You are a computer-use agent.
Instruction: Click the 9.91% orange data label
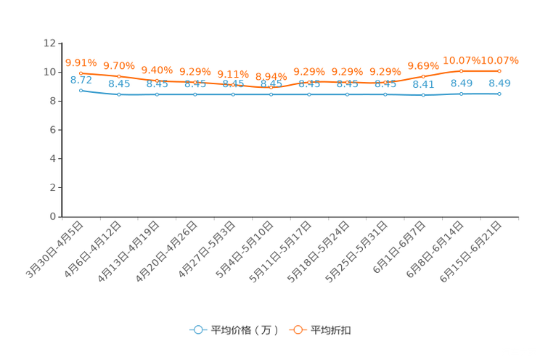(x=81, y=62)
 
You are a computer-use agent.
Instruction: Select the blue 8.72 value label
(x=81, y=80)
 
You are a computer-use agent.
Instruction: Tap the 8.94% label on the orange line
(x=271, y=76)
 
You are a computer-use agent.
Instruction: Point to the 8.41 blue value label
(x=423, y=84)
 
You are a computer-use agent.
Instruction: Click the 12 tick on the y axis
(x=49, y=43)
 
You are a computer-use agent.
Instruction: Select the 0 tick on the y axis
(x=53, y=216)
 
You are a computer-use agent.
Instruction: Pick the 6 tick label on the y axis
(x=53, y=129)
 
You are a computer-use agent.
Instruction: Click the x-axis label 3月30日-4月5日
(x=54, y=250)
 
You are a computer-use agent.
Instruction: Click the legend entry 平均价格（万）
(x=234, y=330)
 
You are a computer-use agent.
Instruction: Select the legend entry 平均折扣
(x=320, y=330)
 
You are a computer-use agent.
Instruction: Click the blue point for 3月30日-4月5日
(x=81, y=91)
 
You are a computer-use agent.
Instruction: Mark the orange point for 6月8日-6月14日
(x=461, y=71)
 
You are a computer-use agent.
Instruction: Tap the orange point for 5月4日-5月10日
(x=271, y=88)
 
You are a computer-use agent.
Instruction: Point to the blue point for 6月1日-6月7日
(x=423, y=95)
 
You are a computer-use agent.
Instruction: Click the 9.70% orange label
(x=119, y=65)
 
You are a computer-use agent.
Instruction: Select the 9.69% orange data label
(x=423, y=65)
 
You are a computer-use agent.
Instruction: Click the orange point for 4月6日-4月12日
(x=119, y=76)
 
